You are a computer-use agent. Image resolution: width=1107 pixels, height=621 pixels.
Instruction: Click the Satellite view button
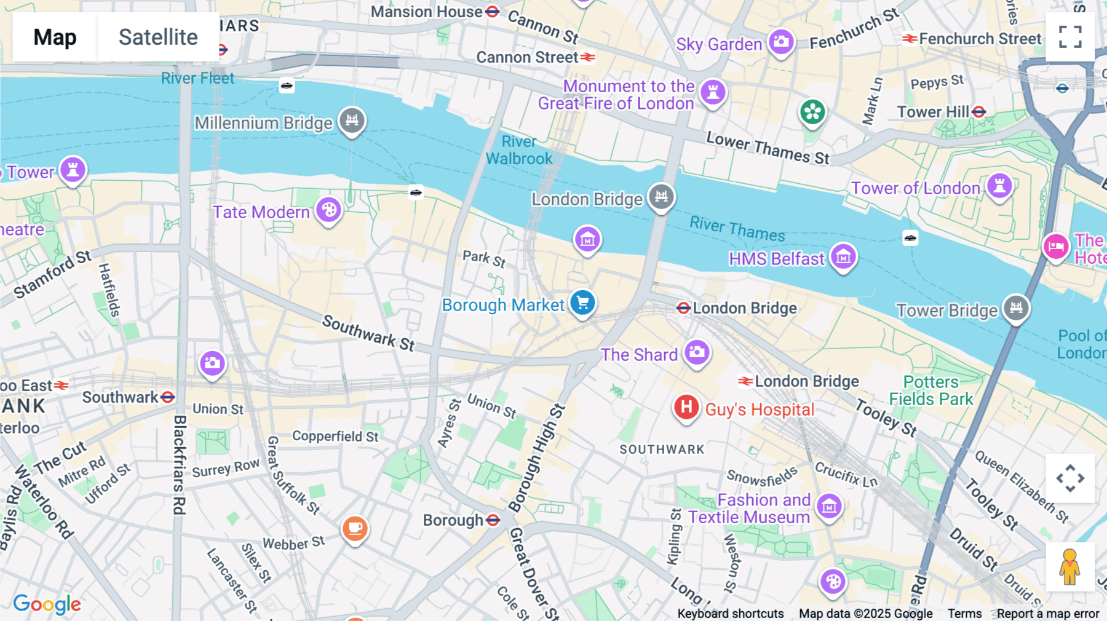(158, 38)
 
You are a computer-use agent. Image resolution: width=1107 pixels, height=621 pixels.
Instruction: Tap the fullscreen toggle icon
(1070, 37)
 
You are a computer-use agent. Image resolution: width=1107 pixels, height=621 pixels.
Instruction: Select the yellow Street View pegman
(1070, 567)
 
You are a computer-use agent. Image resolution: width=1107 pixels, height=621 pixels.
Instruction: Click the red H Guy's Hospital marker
(686, 408)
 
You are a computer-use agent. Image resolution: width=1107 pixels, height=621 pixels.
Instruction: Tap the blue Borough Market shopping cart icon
(582, 303)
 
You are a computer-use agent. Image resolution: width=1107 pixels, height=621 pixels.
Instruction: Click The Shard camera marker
(697, 352)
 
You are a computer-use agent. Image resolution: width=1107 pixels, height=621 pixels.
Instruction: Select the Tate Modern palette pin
(329, 210)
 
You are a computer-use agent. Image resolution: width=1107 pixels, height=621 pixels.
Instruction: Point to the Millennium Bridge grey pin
(352, 121)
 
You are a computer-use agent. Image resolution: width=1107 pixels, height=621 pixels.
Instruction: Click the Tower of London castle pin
(999, 186)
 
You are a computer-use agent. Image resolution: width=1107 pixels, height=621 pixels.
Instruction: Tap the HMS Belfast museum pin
(843, 256)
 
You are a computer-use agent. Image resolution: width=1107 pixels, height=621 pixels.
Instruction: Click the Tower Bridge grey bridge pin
(1016, 307)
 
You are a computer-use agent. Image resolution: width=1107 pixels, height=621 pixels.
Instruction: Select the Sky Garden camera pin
(781, 42)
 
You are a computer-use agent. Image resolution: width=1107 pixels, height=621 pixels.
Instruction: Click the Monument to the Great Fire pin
(713, 93)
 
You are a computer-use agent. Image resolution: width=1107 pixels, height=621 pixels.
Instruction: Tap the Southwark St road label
(368, 333)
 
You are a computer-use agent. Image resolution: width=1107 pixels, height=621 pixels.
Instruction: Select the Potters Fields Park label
(930, 390)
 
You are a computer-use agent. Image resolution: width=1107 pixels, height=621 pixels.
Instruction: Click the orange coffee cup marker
(355, 528)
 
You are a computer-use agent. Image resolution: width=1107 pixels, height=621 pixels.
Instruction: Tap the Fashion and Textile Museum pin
(829, 507)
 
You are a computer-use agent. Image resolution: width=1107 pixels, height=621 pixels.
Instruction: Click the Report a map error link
(1048, 614)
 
